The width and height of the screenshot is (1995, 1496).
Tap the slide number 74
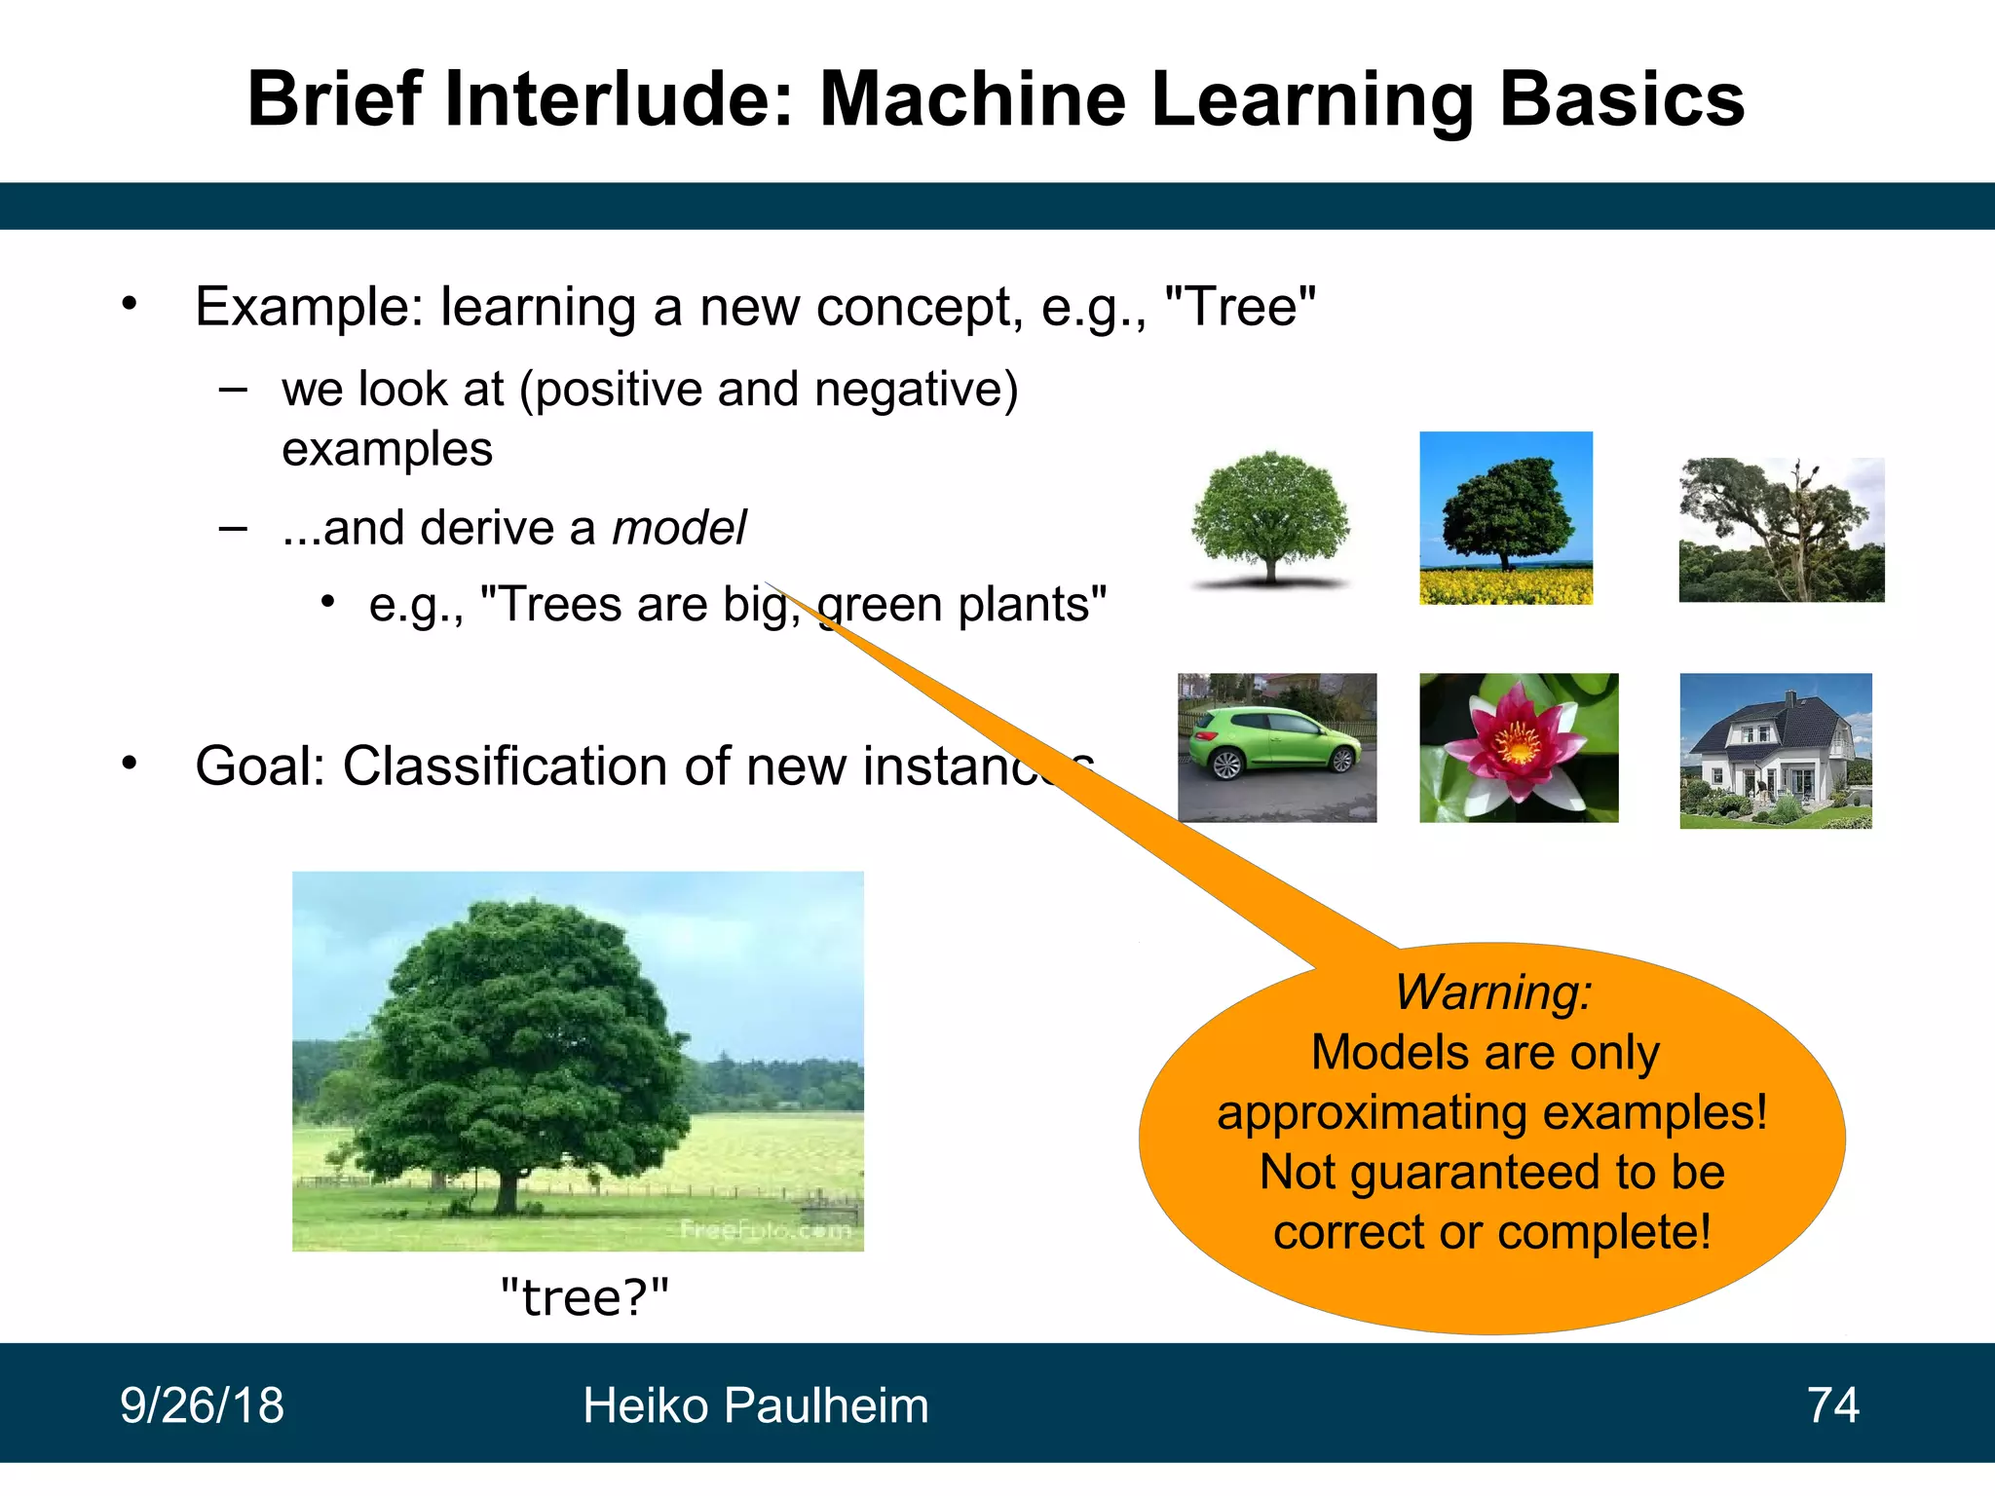pos(1832,1405)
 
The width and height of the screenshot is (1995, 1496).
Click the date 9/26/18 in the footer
pos(202,1405)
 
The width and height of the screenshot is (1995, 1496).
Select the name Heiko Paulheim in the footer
pos(755,1405)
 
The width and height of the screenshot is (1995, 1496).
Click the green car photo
pos(1276,747)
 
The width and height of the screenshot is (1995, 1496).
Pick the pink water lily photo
pos(1518,747)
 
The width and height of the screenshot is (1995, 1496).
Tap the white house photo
pos(1775,750)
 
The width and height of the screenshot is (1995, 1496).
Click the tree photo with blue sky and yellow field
pos(1505,517)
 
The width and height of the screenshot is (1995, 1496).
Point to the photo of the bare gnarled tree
pos(1781,529)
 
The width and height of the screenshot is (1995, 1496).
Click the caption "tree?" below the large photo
pos(584,1296)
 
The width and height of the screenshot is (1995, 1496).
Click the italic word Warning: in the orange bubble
pos(1492,992)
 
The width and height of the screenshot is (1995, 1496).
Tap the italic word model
pos(679,528)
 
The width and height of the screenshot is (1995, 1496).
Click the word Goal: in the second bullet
pos(260,766)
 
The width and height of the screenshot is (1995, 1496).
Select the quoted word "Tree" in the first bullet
pos(1240,307)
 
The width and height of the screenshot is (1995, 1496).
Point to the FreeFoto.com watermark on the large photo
pos(765,1230)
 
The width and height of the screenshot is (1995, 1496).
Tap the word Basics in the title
pos(1621,99)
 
